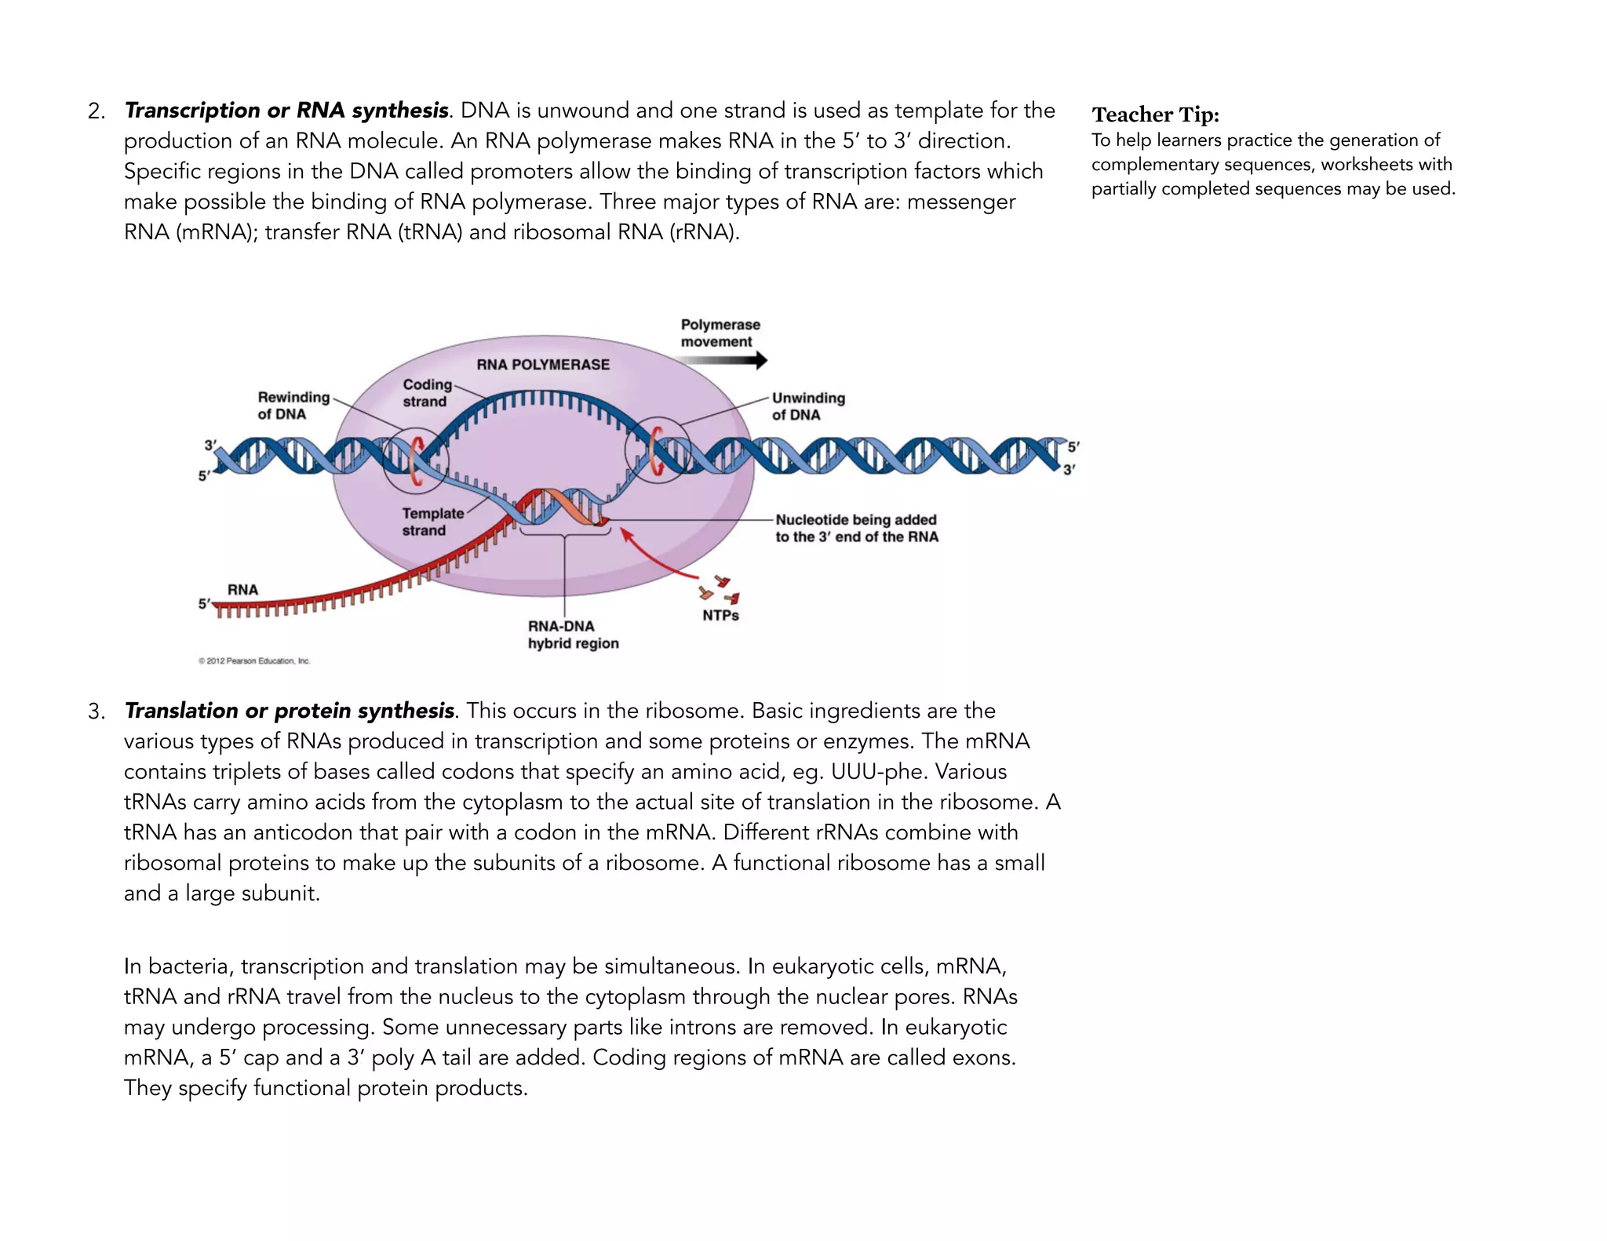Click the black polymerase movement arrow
click(x=722, y=361)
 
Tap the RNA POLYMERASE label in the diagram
click(x=543, y=365)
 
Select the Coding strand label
click(x=427, y=393)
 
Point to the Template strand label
click(x=432, y=522)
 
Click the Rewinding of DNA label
click(x=293, y=406)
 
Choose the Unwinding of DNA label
click(x=808, y=406)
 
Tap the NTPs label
click(x=720, y=616)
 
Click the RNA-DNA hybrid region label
click(x=573, y=635)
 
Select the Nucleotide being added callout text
click(x=856, y=528)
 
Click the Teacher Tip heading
click(x=1155, y=115)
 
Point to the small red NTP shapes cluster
click(x=719, y=589)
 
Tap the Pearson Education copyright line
click(x=254, y=661)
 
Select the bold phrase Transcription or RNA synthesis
click(x=286, y=111)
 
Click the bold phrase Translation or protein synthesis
click(x=290, y=711)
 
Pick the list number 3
click(x=96, y=711)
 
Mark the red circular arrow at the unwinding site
click(x=658, y=452)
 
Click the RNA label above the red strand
click(x=242, y=590)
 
